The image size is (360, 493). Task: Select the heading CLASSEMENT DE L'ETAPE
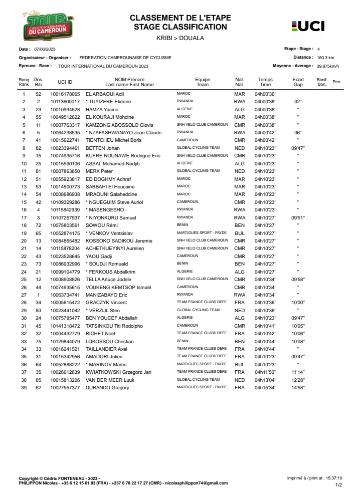(x=181, y=18)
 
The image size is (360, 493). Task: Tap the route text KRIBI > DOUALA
(x=181, y=38)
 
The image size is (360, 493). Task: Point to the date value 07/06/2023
(x=45, y=50)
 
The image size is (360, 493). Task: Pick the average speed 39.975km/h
(x=328, y=66)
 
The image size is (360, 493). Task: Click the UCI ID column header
(x=65, y=82)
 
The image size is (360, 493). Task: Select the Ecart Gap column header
(x=298, y=82)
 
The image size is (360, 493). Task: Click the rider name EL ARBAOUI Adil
(x=105, y=94)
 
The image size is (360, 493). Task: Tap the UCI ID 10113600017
(x=65, y=102)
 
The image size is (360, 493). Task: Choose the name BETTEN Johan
(x=103, y=148)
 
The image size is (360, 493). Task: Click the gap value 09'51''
(x=298, y=218)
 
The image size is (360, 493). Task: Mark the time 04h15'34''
(x=265, y=387)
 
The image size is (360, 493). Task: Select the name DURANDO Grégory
(x=107, y=387)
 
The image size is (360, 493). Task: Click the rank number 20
(x=24, y=241)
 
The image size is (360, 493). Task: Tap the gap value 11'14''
(x=298, y=372)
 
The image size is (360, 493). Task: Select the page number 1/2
(x=338, y=485)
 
